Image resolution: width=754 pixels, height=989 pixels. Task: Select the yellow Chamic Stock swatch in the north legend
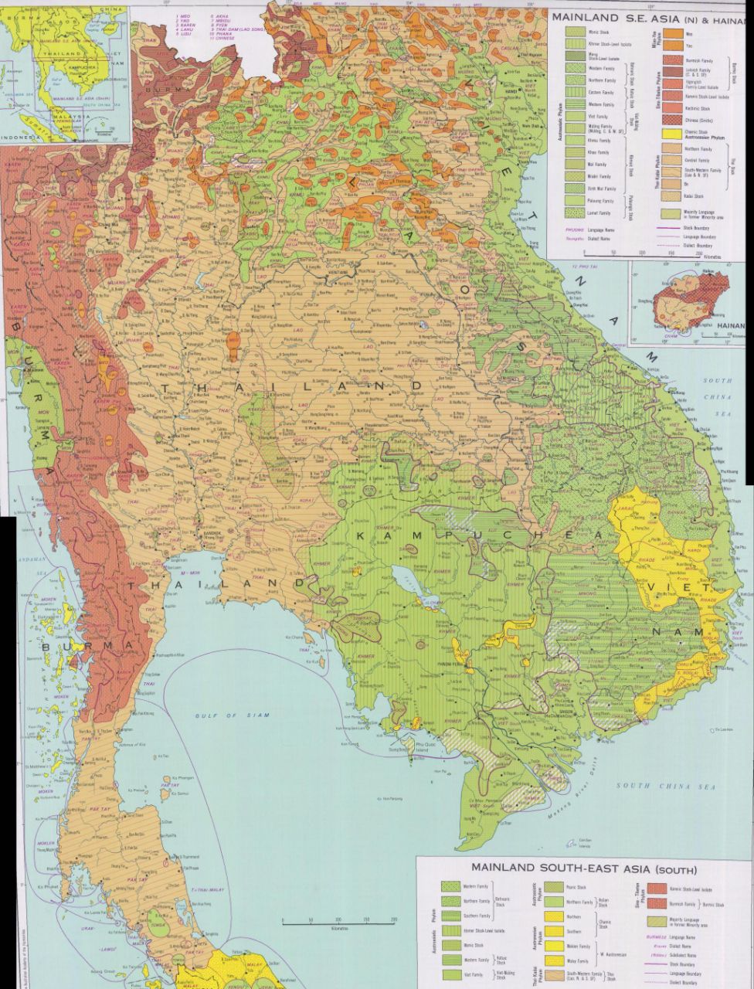click(671, 132)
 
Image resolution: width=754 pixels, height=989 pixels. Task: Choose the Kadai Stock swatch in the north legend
click(671, 195)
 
